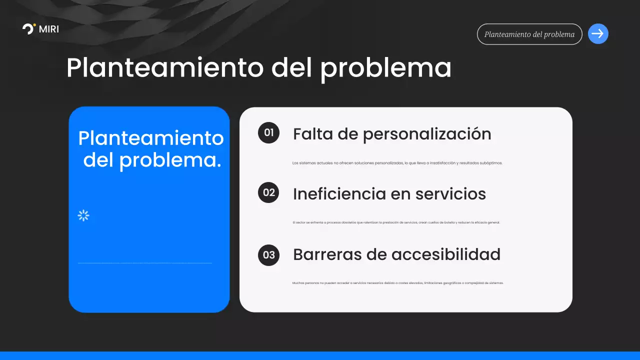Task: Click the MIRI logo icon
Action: (x=29, y=29)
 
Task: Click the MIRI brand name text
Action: (x=48, y=29)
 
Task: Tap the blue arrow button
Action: (x=598, y=34)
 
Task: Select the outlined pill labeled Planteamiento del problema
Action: (x=529, y=34)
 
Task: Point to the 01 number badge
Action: (x=269, y=133)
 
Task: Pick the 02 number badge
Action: (x=269, y=192)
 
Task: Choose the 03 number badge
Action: (x=269, y=255)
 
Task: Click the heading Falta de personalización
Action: (x=392, y=134)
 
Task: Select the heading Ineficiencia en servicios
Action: (x=389, y=194)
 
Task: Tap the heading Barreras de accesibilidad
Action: (x=396, y=254)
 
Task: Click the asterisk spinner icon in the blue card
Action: (x=83, y=215)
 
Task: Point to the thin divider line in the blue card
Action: (x=145, y=263)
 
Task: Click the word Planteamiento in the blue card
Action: (x=151, y=138)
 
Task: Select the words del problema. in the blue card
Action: (x=152, y=160)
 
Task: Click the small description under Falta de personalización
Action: (x=397, y=163)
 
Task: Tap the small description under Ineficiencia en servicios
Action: (x=396, y=222)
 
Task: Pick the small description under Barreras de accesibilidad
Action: (x=397, y=283)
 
